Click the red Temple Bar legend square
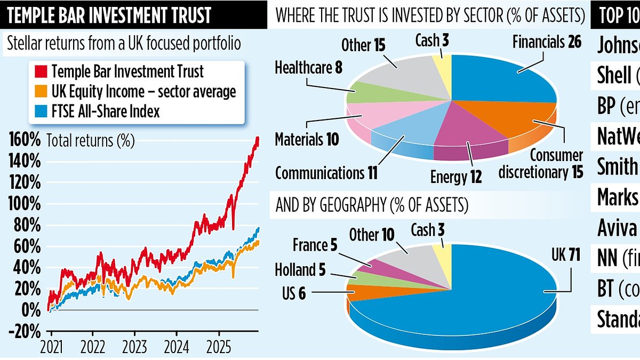(x=38, y=71)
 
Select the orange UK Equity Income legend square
(x=38, y=91)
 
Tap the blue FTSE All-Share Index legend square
(x=38, y=111)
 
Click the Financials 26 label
(x=547, y=42)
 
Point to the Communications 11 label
(x=326, y=158)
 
